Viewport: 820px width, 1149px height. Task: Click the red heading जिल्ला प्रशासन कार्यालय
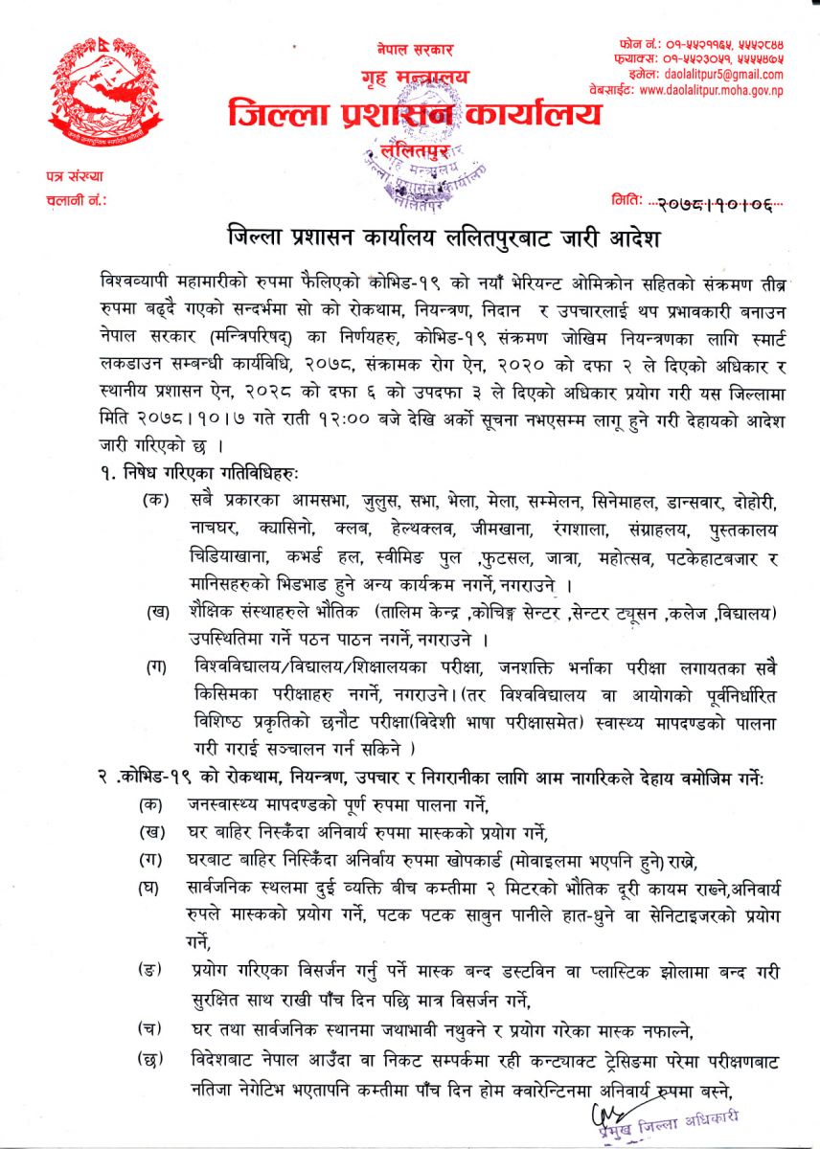pos(415,114)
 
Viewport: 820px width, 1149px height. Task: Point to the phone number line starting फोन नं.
pos(713,45)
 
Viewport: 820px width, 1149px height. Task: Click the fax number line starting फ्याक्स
pos(713,59)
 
